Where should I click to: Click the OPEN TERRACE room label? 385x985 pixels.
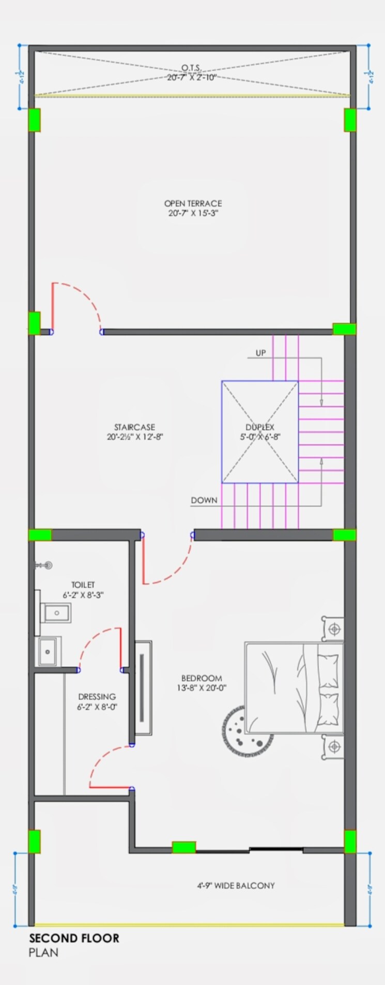[x=193, y=204]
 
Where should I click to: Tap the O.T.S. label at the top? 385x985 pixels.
[x=192, y=68]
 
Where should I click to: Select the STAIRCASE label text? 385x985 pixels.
[x=134, y=427]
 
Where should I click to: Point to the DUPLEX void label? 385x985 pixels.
[x=260, y=427]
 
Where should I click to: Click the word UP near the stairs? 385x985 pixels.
[x=260, y=353]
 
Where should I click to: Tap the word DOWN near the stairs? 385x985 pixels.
[x=204, y=500]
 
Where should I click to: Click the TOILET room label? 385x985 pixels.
[x=83, y=585]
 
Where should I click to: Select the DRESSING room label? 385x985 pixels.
[x=97, y=697]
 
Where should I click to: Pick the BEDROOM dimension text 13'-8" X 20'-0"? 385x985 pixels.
[x=202, y=687]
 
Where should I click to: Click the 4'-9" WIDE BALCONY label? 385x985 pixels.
[x=236, y=885]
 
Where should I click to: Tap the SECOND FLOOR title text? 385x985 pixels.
[x=74, y=939]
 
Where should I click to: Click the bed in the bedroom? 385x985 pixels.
[x=294, y=687]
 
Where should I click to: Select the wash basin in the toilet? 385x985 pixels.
[x=56, y=613]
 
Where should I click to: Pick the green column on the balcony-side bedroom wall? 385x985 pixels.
[x=183, y=847]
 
